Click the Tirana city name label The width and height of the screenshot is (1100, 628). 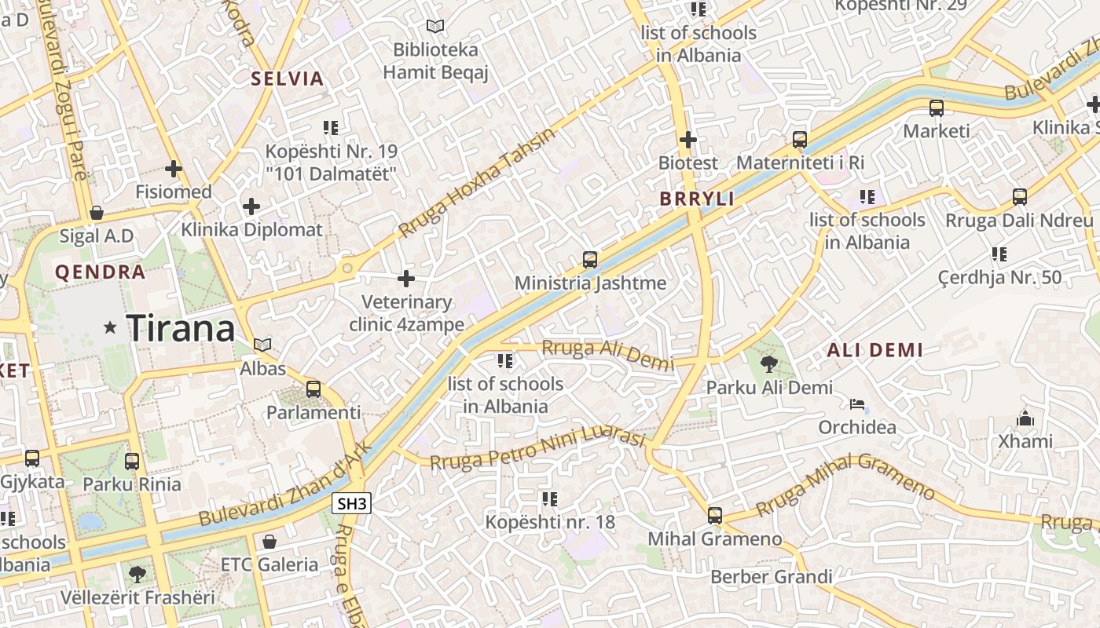pos(181,328)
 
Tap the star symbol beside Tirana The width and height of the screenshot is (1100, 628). pos(111,329)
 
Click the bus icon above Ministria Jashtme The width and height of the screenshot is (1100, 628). pos(589,260)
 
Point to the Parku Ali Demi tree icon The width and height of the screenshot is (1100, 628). pos(769,363)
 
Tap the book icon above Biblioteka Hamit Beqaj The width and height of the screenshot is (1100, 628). pos(435,26)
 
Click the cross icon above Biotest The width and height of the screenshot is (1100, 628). pos(688,140)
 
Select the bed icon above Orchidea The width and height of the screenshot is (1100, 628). pos(856,405)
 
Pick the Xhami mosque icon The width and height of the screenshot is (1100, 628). pos(1025,418)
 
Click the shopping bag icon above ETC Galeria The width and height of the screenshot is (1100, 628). pos(269,542)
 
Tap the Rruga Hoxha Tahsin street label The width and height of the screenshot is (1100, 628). pos(477,182)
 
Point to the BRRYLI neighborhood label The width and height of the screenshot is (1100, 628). pos(697,199)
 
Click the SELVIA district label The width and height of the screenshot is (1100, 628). pos(288,78)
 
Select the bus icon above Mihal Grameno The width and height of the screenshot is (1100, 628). pos(714,516)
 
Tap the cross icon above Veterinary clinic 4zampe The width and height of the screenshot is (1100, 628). pos(406,279)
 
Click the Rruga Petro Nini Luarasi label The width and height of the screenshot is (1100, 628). pos(537,450)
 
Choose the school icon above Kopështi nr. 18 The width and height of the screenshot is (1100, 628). pos(549,498)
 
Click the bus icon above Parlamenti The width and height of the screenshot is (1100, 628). pos(313,389)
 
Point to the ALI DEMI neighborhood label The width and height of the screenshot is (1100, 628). pos(874,350)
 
